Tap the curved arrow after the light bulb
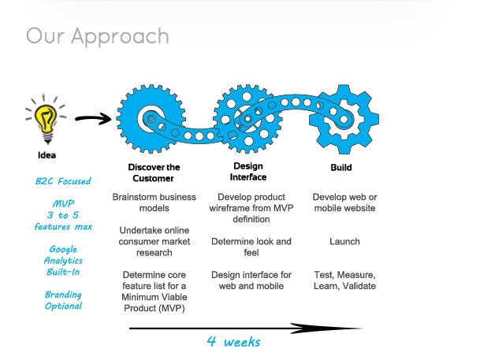click(x=93, y=119)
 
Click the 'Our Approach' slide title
click(x=98, y=36)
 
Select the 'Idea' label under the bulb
click(x=47, y=155)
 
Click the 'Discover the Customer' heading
click(x=154, y=173)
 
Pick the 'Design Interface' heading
click(x=248, y=172)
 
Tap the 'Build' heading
click(x=341, y=168)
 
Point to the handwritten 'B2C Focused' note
click(x=63, y=181)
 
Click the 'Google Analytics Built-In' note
click(x=63, y=261)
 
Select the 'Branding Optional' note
click(x=63, y=300)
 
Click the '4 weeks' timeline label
click(x=233, y=342)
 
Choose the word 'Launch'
click(x=344, y=242)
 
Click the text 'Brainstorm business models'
click(x=154, y=202)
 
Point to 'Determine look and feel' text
click(x=251, y=247)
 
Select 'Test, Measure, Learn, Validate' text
click(x=344, y=280)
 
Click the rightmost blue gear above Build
click(x=344, y=119)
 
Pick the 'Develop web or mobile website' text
click(x=344, y=202)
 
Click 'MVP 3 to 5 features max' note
click(x=63, y=215)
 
